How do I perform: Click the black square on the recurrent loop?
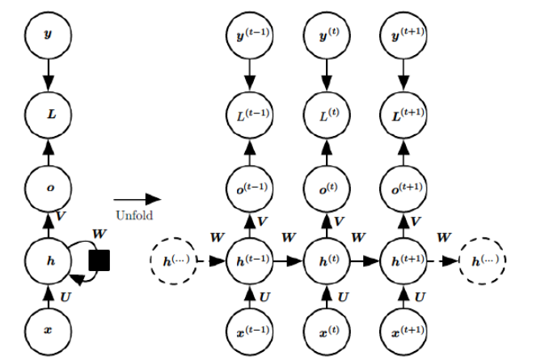point(99,260)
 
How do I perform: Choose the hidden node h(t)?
point(326,261)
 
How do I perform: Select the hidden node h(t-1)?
point(249,261)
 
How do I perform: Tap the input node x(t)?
point(326,330)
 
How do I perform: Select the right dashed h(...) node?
point(482,261)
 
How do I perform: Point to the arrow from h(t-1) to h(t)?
point(287,261)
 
